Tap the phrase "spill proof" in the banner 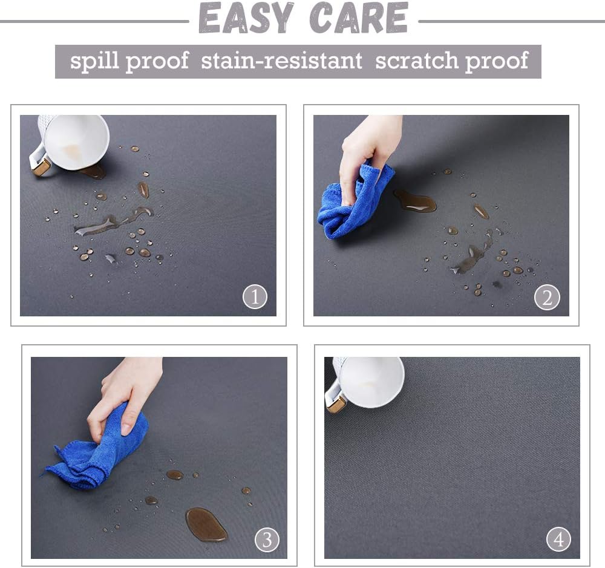coord(129,61)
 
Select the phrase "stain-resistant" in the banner coord(282,61)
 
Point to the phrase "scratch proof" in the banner coord(451,61)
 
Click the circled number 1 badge coord(255,297)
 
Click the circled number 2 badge coord(547,297)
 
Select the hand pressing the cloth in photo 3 coord(124,393)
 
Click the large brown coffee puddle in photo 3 coord(206,523)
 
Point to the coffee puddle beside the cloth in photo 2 coord(415,201)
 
